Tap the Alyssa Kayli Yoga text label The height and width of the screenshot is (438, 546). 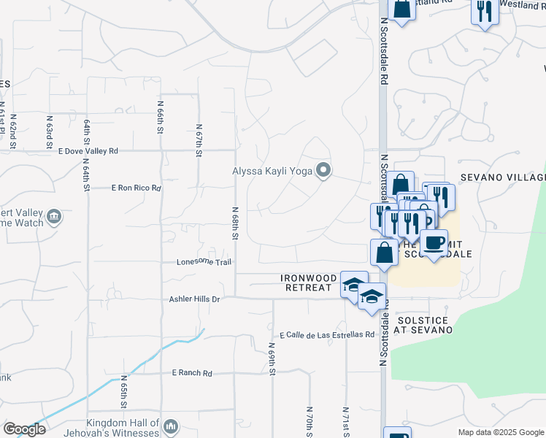(x=272, y=172)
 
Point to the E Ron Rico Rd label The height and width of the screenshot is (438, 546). (x=136, y=188)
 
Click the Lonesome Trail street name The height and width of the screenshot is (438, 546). (x=204, y=262)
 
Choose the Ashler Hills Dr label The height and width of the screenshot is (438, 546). (x=194, y=299)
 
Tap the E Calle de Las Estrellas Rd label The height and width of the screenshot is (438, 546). (x=326, y=334)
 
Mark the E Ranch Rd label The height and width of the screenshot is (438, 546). (x=192, y=373)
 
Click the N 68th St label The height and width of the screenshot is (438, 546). (x=236, y=225)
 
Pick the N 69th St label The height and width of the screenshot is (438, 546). (x=272, y=360)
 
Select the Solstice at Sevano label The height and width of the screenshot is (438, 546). (x=423, y=325)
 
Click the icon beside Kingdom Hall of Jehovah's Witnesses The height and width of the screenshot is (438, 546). (x=170, y=425)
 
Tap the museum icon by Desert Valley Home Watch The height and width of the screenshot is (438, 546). (x=53, y=216)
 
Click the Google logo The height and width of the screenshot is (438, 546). (x=24, y=429)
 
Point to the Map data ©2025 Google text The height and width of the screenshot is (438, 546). (x=500, y=432)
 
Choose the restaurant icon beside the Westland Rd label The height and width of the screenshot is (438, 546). (x=485, y=10)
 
